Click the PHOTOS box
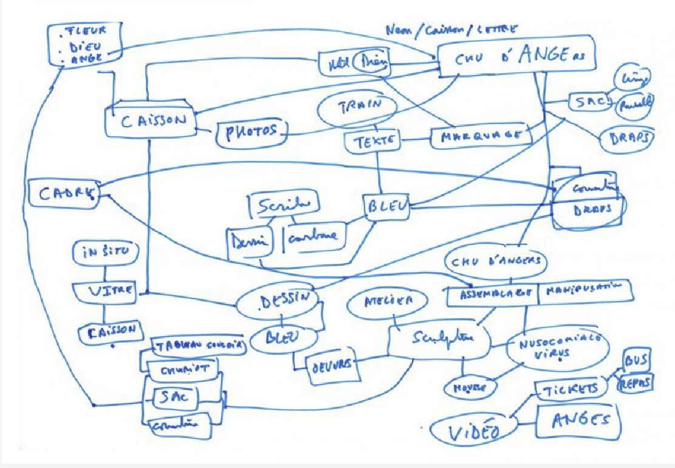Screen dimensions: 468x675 click(251, 131)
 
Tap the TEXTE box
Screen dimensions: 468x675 click(372, 142)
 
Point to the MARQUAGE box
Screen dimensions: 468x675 click(480, 136)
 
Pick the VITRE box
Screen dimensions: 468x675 click(106, 291)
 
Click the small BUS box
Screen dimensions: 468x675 click(636, 360)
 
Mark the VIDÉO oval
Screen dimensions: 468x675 click(474, 432)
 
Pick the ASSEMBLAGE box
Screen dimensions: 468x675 click(491, 294)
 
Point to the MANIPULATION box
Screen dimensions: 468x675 click(584, 291)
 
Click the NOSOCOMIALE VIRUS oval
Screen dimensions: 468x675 click(557, 348)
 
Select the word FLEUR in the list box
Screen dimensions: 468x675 click(87, 30)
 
